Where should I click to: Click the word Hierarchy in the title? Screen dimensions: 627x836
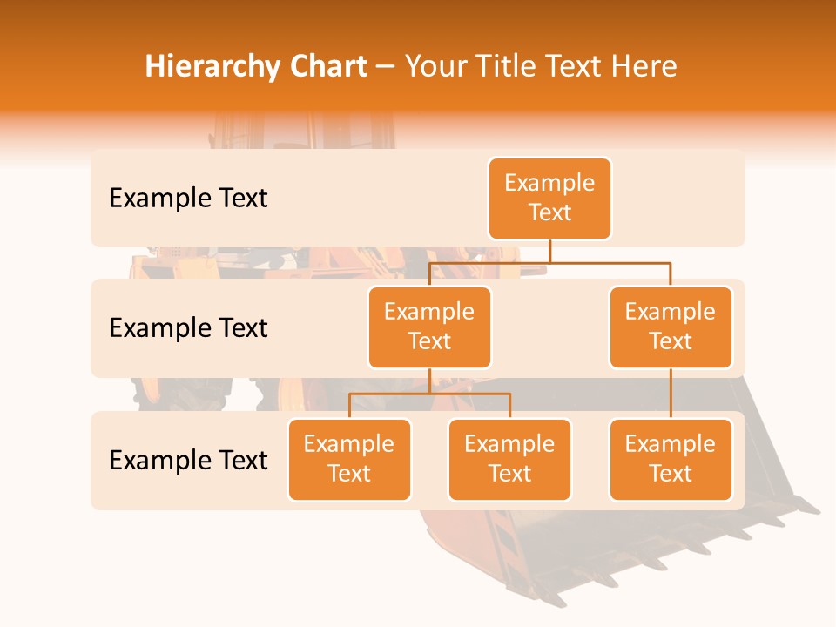coord(211,66)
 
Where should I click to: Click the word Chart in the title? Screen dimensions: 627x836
coord(327,66)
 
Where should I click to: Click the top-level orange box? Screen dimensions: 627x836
coord(549,198)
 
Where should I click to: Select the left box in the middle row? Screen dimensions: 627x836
coord(429,327)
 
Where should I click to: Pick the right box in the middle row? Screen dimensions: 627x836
coord(671,327)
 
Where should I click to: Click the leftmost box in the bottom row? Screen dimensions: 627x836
coord(349,459)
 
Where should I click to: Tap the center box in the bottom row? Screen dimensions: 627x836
coord(509,459)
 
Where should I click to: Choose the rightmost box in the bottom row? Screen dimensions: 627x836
coord(671,459)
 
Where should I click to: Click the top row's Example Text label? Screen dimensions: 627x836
coord(188,199)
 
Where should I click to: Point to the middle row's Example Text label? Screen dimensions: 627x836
coord(188,328)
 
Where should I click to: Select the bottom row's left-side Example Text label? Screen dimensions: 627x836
coord(188,460)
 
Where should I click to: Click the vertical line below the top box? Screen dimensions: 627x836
coord(549,251)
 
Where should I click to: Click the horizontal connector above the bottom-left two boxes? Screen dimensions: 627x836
coord(429,394)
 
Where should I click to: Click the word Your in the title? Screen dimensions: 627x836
coord(434,66)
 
